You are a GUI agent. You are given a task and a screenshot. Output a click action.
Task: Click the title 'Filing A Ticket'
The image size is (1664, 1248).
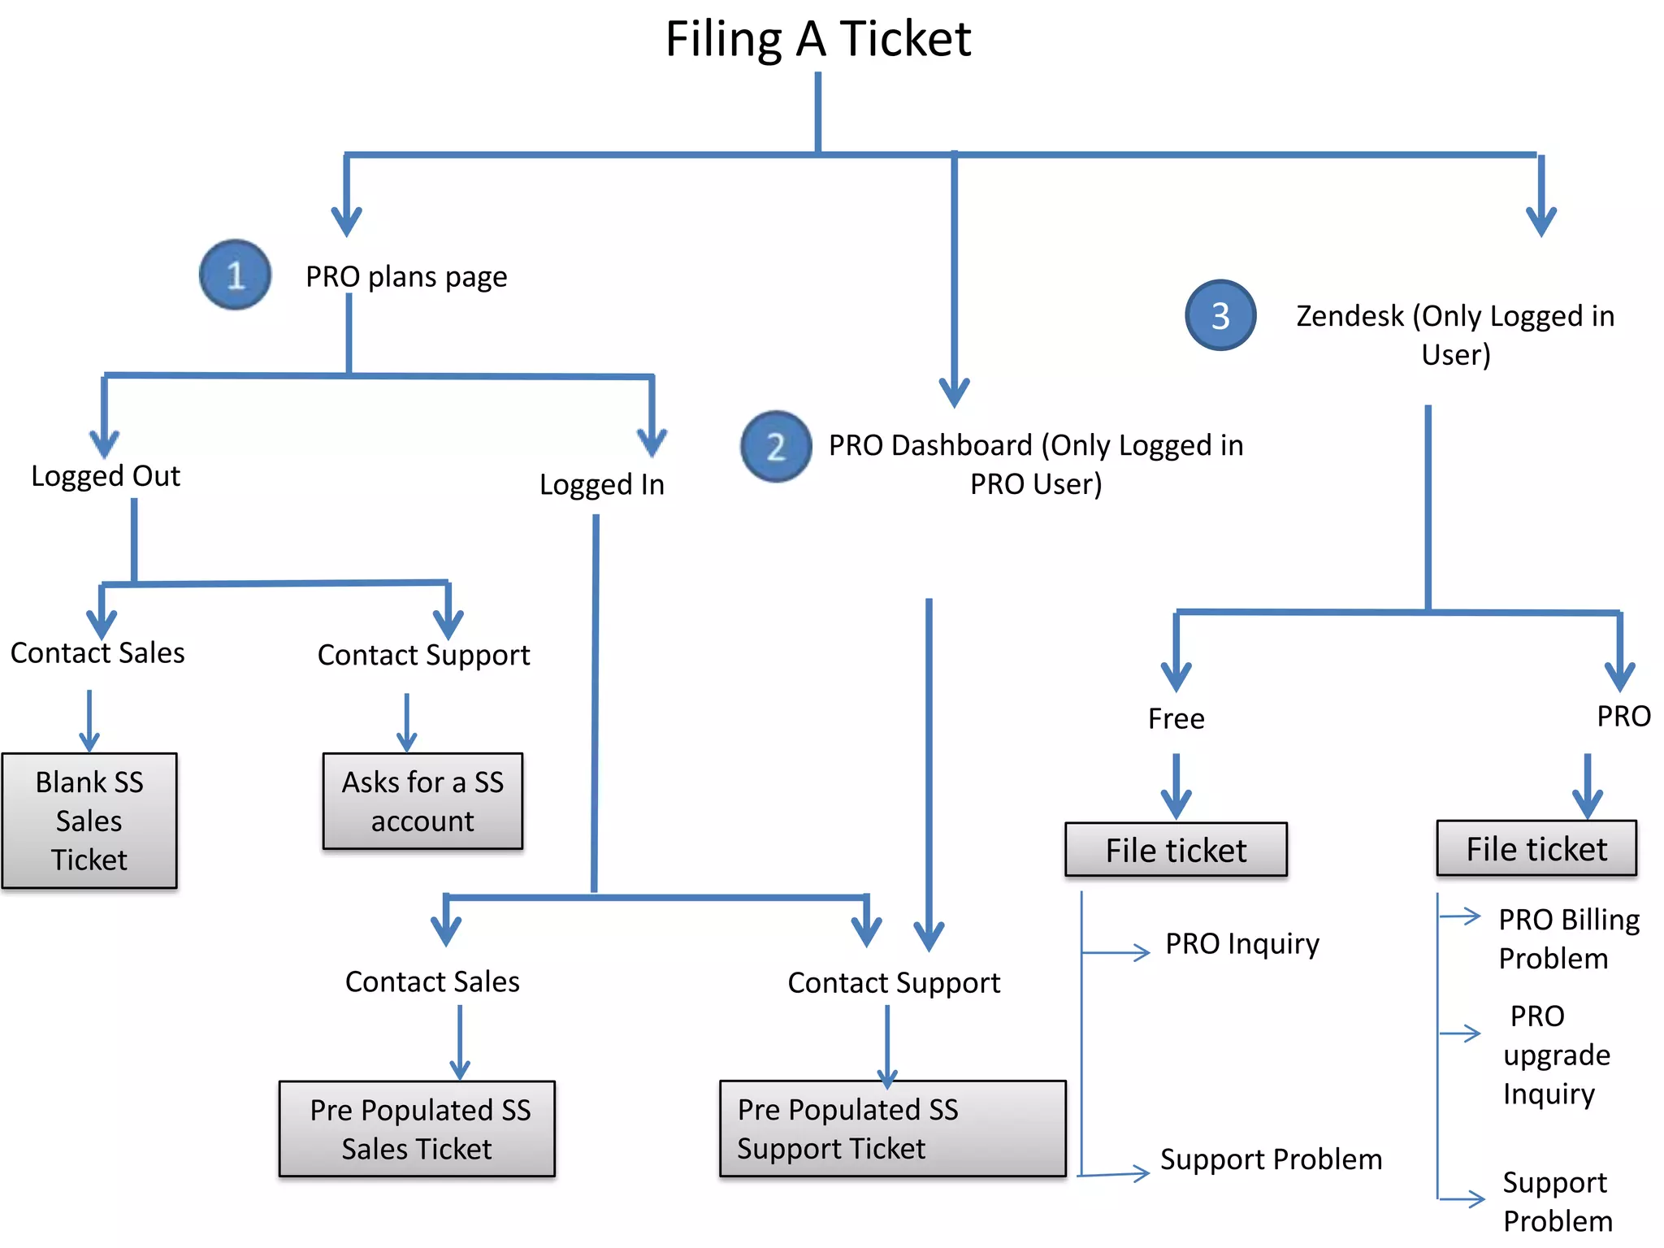pyautogui.click(x=818, y=39)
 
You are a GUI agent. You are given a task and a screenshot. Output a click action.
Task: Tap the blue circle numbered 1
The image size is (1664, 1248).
pyautogui.click(x=235, y=275)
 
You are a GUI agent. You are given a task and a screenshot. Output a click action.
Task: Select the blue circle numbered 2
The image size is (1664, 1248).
pyautogui.click(x=776, y=446)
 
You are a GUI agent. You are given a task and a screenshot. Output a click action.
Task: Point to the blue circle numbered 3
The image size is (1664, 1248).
pyautogui.click(x=1220, y=315)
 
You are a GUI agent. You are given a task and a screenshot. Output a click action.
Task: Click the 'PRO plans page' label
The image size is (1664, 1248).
pyautogui.click(x=406, y=277)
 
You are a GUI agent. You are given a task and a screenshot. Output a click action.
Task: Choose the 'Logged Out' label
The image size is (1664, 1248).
pyautogui.click(x=106, y=476)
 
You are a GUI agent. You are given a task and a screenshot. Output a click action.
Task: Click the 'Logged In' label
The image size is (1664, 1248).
pyautogui.click(x=602, y=485)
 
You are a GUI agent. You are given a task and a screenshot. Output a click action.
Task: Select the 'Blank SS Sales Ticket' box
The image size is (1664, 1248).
pyautogui.click(x=89, y=820)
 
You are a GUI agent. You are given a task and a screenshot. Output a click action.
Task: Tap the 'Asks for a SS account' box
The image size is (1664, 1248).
pyautogui.click(x=422, y=801)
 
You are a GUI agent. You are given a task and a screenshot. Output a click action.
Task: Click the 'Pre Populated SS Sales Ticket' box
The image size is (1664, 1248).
pyautogui.click(x=417, y=1129)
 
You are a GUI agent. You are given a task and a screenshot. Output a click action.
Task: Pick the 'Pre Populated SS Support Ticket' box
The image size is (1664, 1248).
pyautogui.click(x=892, y=1129)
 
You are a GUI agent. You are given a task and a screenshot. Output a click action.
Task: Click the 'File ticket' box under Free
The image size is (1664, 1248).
pyautogui.click(x=1176, y=850)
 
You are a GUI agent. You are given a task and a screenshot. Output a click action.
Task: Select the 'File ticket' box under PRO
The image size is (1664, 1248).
pyautogui.click(x=1536, y=848)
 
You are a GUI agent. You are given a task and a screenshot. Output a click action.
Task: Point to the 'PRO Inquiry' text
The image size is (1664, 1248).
pyautogui.click(x=1242, y=944)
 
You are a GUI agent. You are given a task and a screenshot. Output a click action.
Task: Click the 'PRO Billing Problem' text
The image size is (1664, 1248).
pyautogui.click(x=1568, y=938)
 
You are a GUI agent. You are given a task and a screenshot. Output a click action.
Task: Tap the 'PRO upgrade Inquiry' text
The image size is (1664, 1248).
pyautogui.click(x=1554, y=1055)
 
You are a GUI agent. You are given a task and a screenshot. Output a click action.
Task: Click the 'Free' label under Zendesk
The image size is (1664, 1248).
pyautogui.click(x=1176, y=719)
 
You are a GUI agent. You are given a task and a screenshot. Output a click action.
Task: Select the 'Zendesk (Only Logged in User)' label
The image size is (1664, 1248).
pyautogui.click(x=1455, y=335)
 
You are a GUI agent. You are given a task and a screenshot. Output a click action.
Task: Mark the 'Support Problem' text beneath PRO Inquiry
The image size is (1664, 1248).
pyautogui.click(x=1271, y=1159)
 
